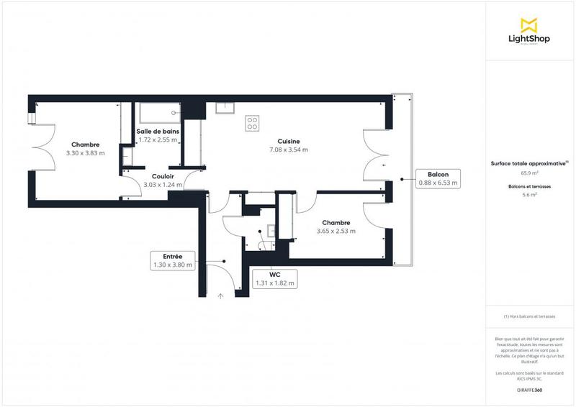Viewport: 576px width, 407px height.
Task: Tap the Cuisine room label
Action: pos(289,141)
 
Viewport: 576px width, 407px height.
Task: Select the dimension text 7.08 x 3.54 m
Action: pos(289,150)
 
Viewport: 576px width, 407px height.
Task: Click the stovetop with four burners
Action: pos(252,123)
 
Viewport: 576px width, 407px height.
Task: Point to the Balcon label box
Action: pos(438,179)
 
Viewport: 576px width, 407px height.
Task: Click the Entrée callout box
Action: pos(172,260)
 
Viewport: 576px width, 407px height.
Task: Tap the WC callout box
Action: pos(274,279)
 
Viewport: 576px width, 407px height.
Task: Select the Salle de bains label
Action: pos(158,132)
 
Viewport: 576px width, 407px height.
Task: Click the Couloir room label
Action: pos(163,176)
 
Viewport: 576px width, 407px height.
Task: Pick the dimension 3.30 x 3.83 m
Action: pos(85,152)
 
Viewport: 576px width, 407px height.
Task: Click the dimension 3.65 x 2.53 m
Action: pos(336,231)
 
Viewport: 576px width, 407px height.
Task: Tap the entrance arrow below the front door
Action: pos(221,295)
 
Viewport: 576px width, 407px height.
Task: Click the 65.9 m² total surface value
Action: pos(529,173)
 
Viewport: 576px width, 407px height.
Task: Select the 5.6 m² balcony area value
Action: pos(529,194)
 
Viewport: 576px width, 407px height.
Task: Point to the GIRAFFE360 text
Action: pos(529,388)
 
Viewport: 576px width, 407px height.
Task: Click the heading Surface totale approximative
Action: pos(529,164)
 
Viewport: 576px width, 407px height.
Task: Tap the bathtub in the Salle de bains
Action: pos(158,112)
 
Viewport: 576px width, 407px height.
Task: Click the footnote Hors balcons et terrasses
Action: pos(529,316)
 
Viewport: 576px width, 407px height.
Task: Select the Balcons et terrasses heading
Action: pos(529,186)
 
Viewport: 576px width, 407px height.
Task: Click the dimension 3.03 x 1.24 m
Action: pos(163,185)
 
